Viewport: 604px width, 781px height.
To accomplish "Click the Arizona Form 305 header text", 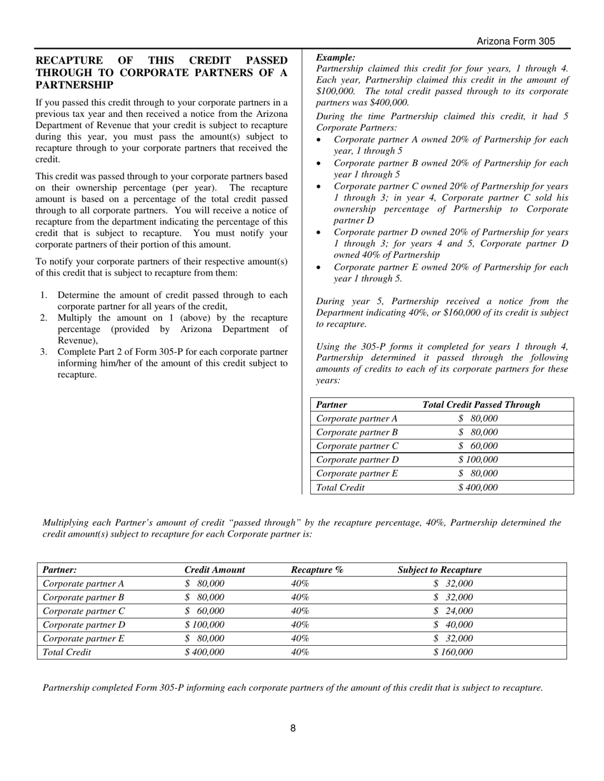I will [x=516, y=41].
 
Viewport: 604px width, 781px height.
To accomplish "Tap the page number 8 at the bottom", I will [x=293, y=728].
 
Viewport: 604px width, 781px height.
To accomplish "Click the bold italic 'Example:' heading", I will [x=335, y=57].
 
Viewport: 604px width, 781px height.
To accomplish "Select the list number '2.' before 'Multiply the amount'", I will [x=44, y=317].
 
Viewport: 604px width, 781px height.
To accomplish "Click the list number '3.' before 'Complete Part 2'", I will [x=44, y=352].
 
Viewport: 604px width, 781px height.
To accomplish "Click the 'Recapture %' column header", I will [x=317, y=570].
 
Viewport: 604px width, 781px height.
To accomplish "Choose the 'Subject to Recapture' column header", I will [x=439, y=570].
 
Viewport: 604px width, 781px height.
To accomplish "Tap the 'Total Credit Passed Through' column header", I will [x=481, y=404].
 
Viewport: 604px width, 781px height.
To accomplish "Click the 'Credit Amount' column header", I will [x=214, y=570].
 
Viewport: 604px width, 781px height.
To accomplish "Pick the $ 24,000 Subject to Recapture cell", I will [x=453, y=611].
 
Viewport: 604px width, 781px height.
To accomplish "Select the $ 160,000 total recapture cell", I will [x=453, y=652].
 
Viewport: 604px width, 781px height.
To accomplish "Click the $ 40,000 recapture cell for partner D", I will [x=453, y=625].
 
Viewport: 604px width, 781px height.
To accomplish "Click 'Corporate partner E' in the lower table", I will [x=83, y=639].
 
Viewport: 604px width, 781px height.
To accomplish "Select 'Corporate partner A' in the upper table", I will [x=357, y=418].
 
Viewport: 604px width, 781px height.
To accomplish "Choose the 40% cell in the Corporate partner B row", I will [x=299, y=597].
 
